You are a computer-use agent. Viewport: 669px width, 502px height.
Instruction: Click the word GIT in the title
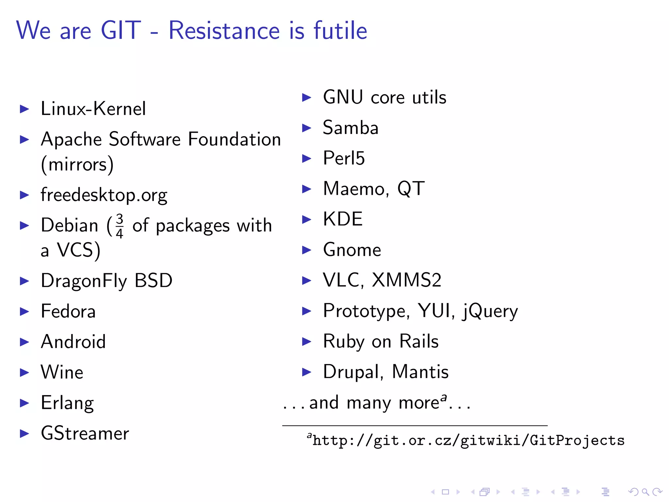(121, 30)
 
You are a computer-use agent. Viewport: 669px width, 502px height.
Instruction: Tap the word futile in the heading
(340, 30)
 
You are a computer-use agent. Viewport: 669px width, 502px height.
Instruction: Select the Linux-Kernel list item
(93, 109)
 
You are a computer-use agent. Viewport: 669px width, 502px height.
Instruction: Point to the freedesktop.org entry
(104, 195)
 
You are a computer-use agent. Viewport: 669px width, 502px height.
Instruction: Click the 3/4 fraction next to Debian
(120, 226)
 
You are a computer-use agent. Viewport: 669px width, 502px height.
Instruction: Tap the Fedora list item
(68, 311)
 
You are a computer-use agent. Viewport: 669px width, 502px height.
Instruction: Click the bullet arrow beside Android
(24, 342)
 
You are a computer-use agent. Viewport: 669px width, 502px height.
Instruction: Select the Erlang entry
(67, 403)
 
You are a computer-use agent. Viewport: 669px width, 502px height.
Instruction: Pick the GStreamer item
(85, 434)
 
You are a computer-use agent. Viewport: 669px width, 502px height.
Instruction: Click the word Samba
(351, 127)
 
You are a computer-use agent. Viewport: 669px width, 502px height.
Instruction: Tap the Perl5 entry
(344, 158)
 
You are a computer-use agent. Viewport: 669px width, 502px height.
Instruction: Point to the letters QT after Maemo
(411, 189)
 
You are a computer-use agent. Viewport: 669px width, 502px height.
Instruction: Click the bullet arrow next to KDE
(306, 219)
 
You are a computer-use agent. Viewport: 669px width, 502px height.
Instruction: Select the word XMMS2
(406, 280)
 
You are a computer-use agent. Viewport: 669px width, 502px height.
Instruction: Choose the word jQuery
(490, 311)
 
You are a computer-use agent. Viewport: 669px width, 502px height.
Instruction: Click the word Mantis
(420, 372)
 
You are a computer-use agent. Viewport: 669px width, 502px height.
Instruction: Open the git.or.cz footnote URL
(468, 441)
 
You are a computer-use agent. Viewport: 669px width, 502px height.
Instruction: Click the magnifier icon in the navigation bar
(645, 492)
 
